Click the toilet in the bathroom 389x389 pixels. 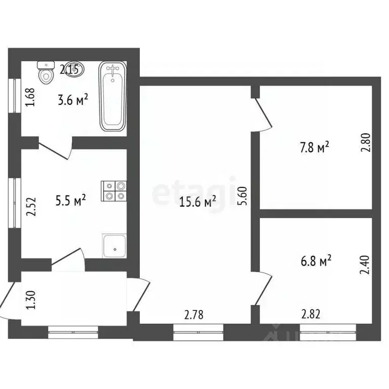[47, 72]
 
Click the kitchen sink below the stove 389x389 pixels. [114, 246]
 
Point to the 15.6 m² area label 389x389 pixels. [198, 202]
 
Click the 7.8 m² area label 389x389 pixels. [315, 147]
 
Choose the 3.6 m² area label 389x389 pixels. [73, 100]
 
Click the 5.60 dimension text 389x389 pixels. [243, 194]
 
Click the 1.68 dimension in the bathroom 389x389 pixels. [30, 97]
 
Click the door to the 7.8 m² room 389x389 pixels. [264, 114]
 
